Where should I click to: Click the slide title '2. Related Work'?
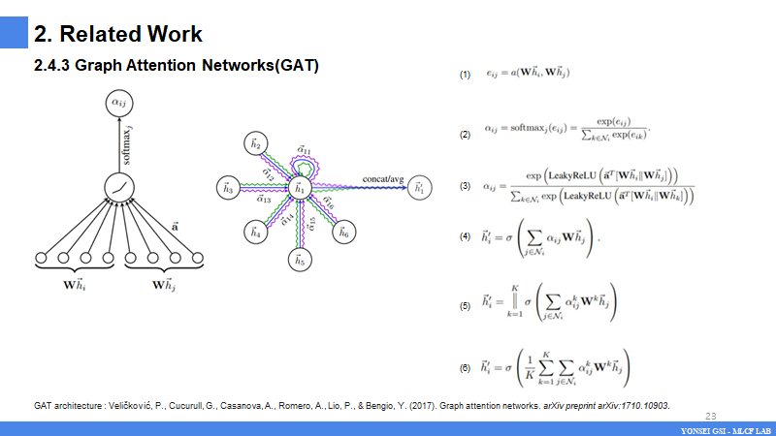[x=118, y=34]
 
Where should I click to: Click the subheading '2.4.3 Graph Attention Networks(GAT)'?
[x=177, y=67]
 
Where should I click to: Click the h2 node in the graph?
[x=256, y=145]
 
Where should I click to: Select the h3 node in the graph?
[x=228, y=190]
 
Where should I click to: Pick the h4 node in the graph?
[x=255, y=234]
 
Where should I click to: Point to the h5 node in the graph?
[x=300, y=261]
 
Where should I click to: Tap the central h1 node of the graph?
[x=300, y=189]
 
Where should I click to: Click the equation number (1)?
[x=465, y=76]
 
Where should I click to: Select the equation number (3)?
[x=465, y=186]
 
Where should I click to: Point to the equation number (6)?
[x=465, y=368]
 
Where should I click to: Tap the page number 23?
[x=710, y=416]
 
